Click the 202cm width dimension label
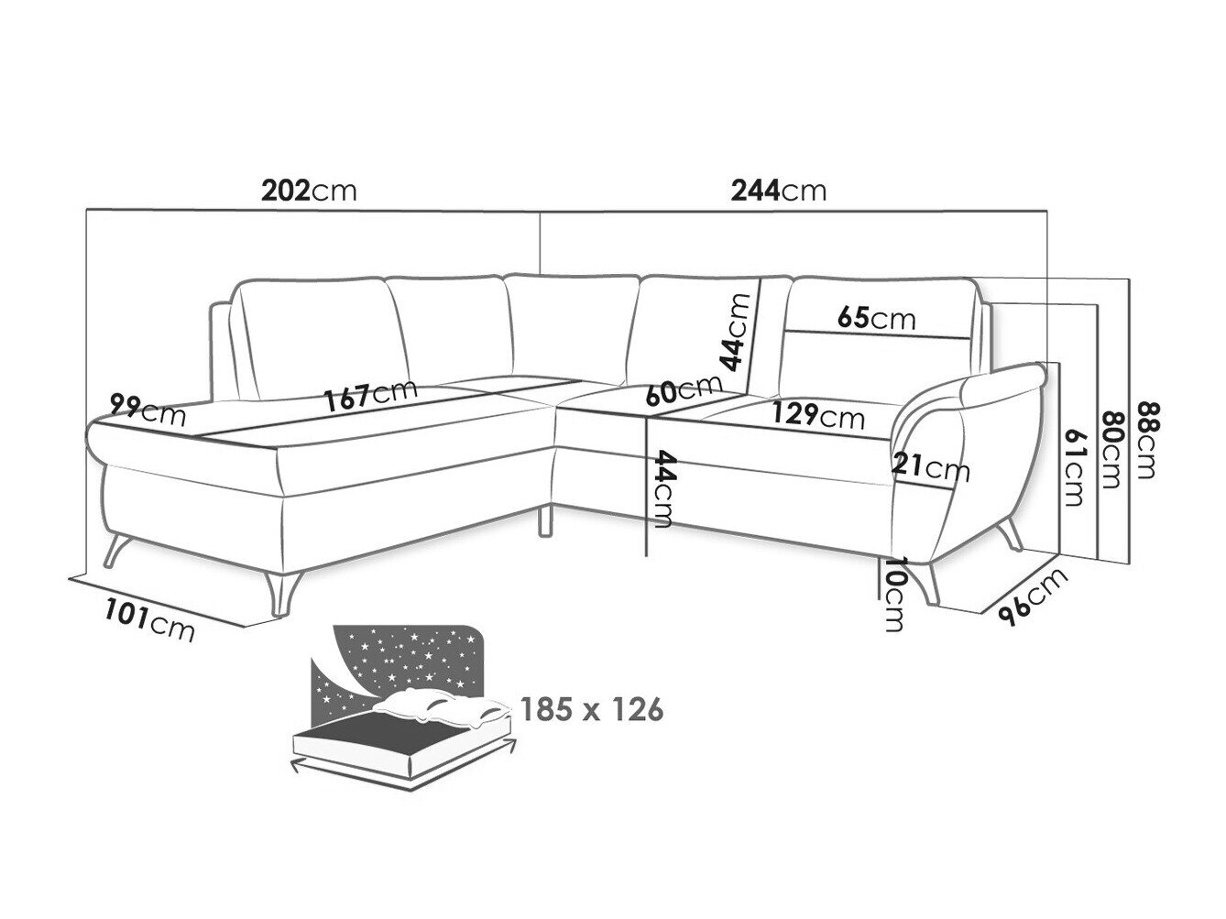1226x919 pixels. (x=309, y=191)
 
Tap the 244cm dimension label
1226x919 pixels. (x=779, y=191)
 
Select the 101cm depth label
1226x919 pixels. (x=149, y=620)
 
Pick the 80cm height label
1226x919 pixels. (x=1111, y=450)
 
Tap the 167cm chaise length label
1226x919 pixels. (x=371, y=397)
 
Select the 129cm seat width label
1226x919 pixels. (x=817, y=415)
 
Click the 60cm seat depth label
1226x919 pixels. (x=684, y=389)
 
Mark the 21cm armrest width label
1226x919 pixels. (x=930, y=467)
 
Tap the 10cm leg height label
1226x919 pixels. (x=894, y=594)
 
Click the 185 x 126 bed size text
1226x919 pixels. (x=592, y=710)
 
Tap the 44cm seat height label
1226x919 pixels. (x=662, y=488)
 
